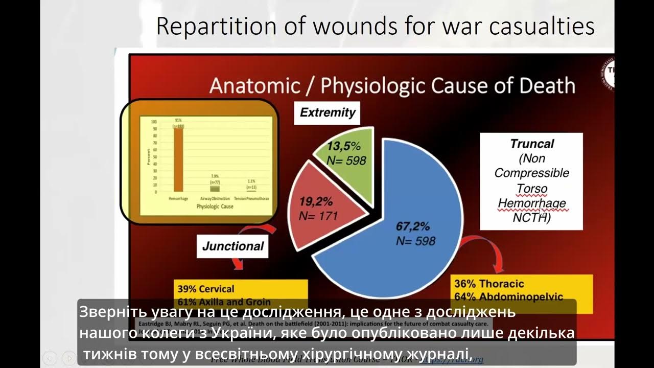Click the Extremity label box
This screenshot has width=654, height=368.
[x=328, y=113]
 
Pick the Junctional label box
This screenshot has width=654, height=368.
[x=233, y=246]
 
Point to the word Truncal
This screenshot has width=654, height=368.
[x=532, y=144]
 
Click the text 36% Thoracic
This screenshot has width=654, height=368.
[x=489, y=284]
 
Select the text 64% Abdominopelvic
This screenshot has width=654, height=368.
[x=508, y=297]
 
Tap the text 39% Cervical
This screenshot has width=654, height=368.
[x=206, y=289]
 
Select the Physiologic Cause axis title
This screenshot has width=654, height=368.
[x=215, y=207]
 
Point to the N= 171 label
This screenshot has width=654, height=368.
[x=318, y=216]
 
